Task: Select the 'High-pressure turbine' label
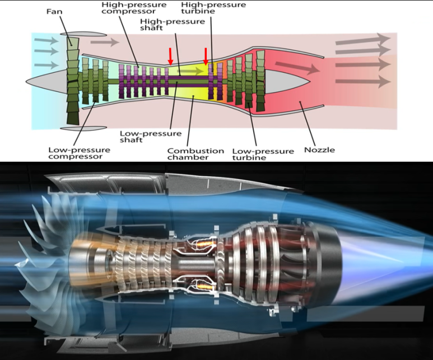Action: tap(213, 8)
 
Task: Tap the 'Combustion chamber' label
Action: tap(195, 154)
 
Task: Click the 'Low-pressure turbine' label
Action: tap(262, 154)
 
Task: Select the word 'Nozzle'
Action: tap(319, 150)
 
